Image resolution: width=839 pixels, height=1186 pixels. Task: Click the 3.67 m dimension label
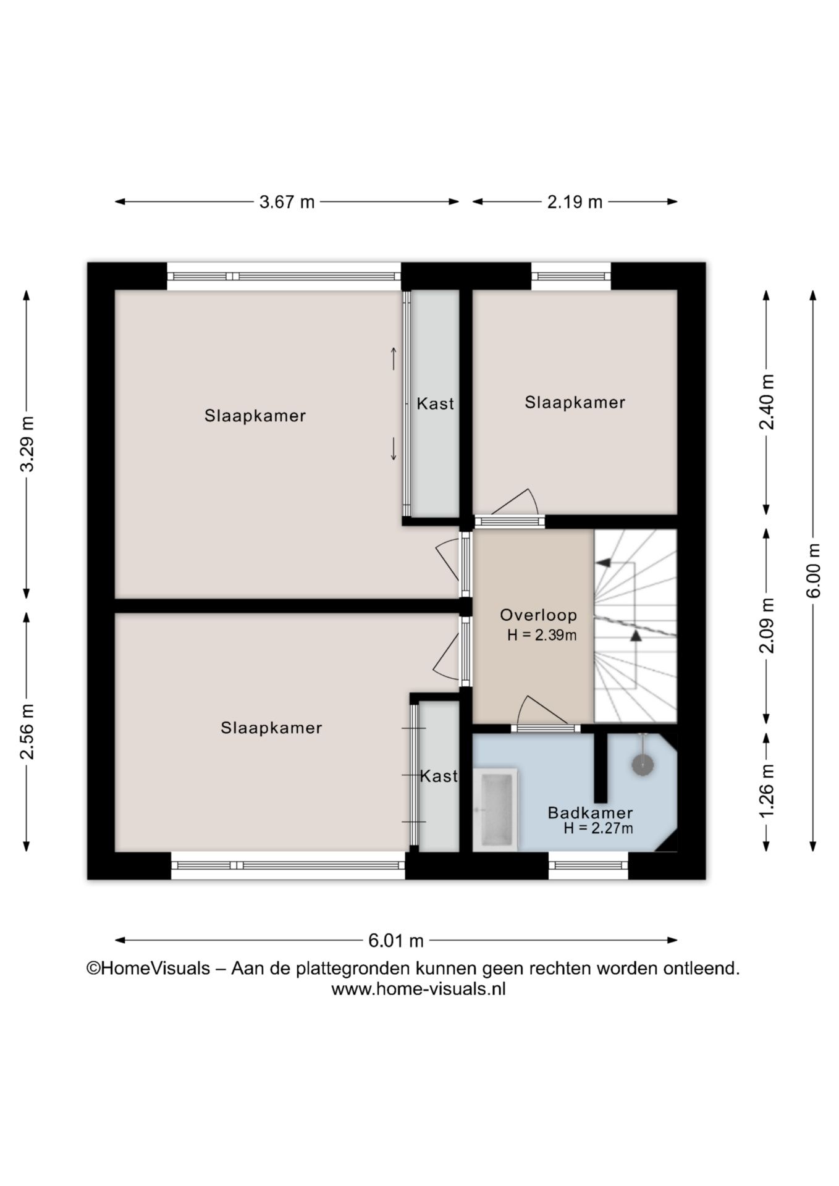point(287,202)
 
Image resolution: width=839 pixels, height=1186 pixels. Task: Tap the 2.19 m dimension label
point(575,202)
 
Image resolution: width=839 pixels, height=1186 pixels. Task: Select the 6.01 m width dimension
point(396,941)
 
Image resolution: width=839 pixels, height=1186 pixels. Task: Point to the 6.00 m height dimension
point(814,570)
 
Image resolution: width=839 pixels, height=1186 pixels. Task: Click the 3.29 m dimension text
point(27,444)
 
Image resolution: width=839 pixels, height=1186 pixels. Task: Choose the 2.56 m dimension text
point(27,731)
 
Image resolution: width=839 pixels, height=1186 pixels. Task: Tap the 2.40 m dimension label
point(767,402)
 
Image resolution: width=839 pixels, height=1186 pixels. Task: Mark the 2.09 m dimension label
point(767,625)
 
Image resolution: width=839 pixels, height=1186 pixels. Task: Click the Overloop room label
point(538,615)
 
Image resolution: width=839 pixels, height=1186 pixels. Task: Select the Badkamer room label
point(590,813)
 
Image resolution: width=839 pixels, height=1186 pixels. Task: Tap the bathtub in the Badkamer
point(495,809)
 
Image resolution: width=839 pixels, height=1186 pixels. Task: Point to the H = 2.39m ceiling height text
point(542,635)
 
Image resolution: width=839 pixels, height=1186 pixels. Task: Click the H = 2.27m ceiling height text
point(598,829)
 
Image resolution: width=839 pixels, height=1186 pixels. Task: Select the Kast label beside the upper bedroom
point(435,404)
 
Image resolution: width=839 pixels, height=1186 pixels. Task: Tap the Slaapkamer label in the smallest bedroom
point(575,403)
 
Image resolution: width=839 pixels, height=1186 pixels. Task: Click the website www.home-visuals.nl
point(419,989)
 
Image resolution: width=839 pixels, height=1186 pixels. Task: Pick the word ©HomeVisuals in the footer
point(148,969)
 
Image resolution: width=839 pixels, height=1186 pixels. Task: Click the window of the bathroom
point(588,865)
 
